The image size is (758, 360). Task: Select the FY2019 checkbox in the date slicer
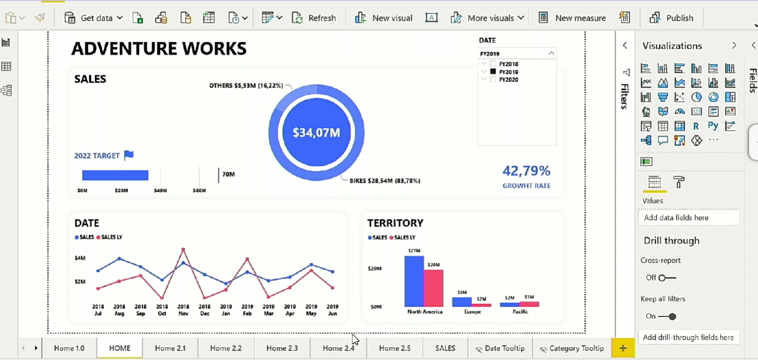tap(493, 72)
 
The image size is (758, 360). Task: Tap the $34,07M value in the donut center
tap(316, 133)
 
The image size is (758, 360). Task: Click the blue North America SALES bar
tap(414, 282)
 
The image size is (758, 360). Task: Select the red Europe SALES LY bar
tap(481, 305)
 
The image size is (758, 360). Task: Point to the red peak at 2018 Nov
tap(183, 250)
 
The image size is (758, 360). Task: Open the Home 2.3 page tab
tap(282, 348)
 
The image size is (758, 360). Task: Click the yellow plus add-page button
tap(623, 348)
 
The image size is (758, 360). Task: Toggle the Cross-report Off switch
tap(667, 278)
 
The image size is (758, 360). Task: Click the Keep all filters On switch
tap(668, 316)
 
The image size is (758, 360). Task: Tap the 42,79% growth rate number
tap(526, 171)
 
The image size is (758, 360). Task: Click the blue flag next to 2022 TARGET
tap(129, 155)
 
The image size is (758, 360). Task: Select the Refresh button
tap(314, 18)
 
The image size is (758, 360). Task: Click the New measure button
tap(572, 18)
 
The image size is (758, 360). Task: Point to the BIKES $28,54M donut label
tap(385, 180)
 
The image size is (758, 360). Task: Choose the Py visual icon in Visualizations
tap(713, 126)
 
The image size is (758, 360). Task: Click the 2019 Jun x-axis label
tap(332, 310)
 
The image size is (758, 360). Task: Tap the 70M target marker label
tap(228, 174)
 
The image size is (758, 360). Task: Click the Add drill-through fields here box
tap(688, 337)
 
